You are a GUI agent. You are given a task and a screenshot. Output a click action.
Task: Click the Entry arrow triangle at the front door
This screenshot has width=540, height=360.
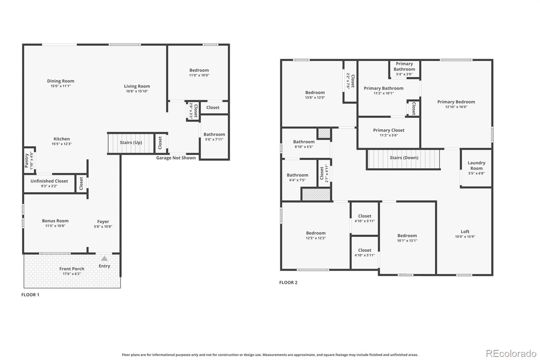105,258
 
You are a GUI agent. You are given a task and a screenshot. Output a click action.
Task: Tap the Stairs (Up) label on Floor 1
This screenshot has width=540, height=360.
131,143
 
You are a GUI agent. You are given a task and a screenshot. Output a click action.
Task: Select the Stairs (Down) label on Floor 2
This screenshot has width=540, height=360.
404,158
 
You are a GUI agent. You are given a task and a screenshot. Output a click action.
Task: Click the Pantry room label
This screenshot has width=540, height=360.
27,160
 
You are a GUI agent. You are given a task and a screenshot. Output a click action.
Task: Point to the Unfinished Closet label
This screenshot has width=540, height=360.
49,181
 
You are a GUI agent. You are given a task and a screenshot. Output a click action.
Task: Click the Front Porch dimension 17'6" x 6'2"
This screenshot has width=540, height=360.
72,274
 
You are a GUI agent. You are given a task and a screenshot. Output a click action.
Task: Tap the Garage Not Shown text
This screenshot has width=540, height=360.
176,158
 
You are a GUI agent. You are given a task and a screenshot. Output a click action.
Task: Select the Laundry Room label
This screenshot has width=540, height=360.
476,165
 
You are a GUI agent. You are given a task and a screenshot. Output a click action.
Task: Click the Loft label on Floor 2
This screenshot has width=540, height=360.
465,232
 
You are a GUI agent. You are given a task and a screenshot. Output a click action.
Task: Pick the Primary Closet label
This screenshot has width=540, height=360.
389,130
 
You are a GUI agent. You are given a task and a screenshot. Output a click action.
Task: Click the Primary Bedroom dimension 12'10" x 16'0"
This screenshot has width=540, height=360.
456,107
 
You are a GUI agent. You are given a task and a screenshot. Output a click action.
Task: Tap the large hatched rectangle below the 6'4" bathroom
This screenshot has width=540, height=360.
316,195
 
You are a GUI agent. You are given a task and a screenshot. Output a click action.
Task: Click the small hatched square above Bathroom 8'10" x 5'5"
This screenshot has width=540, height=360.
324,133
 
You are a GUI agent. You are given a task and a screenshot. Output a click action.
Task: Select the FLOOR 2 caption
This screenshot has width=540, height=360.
288,283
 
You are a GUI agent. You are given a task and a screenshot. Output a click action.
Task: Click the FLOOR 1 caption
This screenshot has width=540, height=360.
30,295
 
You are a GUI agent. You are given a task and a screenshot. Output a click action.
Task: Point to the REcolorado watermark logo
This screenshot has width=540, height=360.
511,354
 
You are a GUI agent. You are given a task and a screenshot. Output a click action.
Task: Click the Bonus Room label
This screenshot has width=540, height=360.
55,221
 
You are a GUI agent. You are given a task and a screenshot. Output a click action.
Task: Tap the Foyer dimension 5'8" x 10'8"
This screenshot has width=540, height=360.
103,227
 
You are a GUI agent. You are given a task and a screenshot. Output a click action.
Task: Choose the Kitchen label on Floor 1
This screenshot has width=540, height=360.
62,139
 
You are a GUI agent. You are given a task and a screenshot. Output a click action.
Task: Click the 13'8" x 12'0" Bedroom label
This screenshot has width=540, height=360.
315,93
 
